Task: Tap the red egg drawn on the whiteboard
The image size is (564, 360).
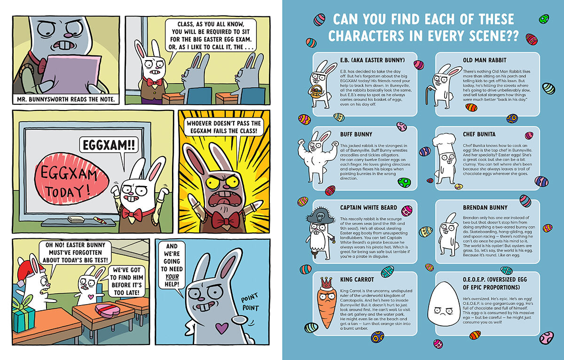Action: (72, 179)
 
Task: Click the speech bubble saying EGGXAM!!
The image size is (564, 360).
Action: (109, 145)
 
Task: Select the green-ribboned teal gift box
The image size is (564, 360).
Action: (23, 315)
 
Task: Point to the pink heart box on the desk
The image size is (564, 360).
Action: (108, 310)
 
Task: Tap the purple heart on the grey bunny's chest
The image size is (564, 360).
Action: (222, 328)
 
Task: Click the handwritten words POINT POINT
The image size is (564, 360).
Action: (250, 302)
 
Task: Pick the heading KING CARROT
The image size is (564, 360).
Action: (357, 280)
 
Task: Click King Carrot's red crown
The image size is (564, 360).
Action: (327, 283)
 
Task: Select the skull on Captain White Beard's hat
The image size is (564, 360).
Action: (320, 217)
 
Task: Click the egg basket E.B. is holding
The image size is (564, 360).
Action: (316, 92)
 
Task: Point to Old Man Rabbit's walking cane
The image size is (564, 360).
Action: (429, 95)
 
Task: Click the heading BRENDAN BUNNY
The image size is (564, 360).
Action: (485, 207)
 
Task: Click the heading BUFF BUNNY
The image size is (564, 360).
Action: (356, 134)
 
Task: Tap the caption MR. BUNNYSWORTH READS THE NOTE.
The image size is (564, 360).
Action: (66, 99)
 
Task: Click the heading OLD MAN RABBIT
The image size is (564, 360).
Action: (485, 60)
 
